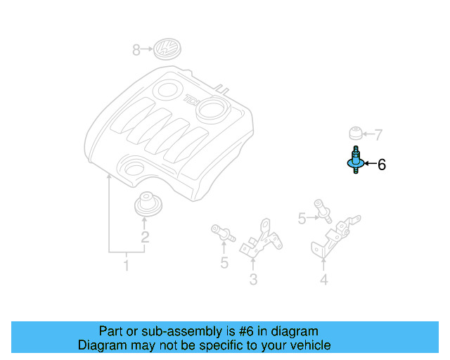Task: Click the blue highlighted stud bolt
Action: [x=355, y=162]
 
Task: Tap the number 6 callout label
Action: [x=382, y=165]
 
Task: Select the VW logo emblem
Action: [x=167, y=50]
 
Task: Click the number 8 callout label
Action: [x=137, y=50]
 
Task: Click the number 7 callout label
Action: [x=378, y=134]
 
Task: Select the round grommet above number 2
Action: [x=147, y=204]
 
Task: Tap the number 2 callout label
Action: [x=145, y=237]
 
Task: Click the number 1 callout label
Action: [x=127, y=266]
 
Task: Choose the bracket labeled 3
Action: [x=262, y=239]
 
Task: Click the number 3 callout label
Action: [x=253, y=280]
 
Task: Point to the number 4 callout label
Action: [x=323, y=280]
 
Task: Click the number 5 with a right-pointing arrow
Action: [x=302, y=219]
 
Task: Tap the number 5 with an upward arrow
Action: [x=224, y=264]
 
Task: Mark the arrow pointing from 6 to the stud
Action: [x=368, y=165]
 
